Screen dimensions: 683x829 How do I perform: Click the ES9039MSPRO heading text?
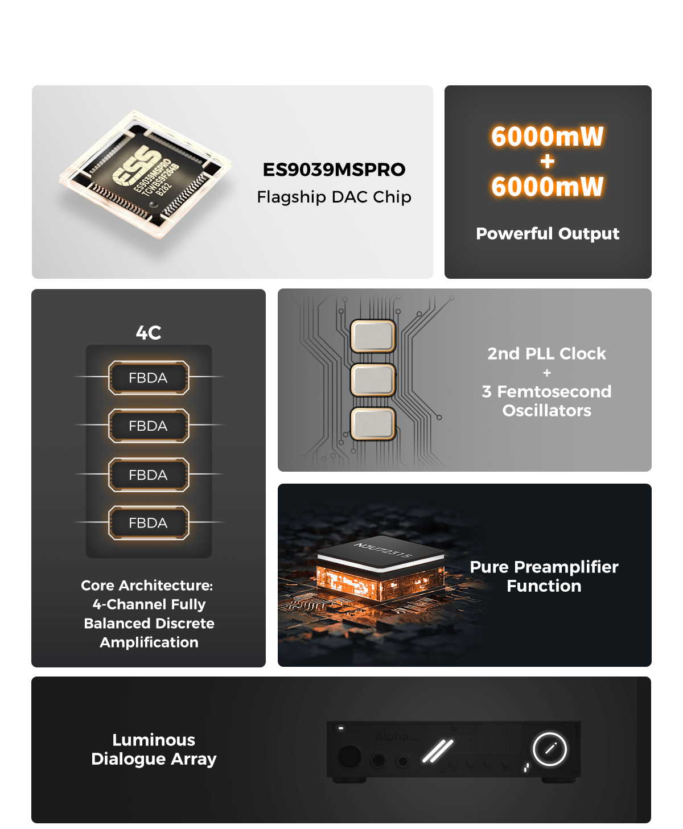tap(334, 170)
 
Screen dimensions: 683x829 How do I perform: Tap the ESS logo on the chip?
tap(137, 164)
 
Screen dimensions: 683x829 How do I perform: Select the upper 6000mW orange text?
tap(547, 137)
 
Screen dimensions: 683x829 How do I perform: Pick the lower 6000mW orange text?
tap(547, 187)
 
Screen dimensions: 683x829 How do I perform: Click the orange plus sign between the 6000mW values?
tap(547, 162)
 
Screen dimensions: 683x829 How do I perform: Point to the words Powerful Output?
tap(548, 233)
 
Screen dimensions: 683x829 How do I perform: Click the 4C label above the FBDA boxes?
tap(149, 332)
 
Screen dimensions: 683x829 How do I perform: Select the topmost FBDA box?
tap(149, 378)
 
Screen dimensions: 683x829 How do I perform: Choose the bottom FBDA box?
tap(149, 522)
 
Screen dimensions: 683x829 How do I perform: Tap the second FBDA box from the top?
tap(149, 426)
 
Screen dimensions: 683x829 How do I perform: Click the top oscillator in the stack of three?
tap(373, 336)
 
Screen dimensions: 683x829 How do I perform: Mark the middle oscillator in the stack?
tap(373, 380)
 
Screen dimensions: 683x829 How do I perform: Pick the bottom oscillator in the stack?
tap(373, 424)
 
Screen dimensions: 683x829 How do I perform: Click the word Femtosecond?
tap(554, 391)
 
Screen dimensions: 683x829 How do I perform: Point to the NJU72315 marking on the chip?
tap(383, 550)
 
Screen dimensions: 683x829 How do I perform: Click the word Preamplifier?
tap(566, 567)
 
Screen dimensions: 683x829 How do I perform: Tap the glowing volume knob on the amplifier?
tap(550, 749)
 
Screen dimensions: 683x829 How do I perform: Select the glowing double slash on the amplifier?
tap(438, 751)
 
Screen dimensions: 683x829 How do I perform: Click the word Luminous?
tap(154, 740)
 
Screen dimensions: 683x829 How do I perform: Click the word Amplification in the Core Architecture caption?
tap(149, 642)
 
